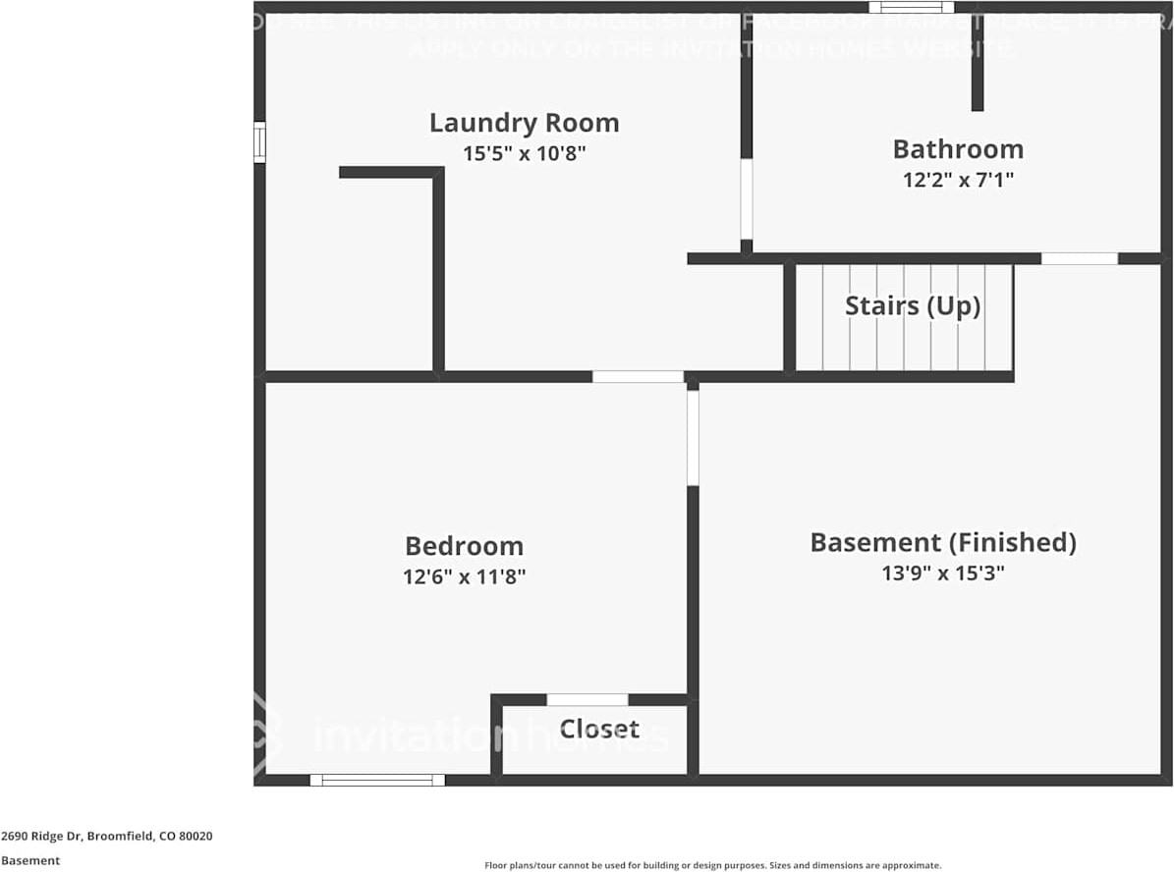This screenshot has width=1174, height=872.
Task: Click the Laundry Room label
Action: (x=524, y=123)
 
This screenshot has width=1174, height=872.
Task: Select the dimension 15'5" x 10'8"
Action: (x=524, y=153)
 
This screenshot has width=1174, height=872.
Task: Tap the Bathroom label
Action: (x=958, y=149)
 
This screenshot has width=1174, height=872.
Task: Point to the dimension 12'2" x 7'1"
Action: (x=958, y=180)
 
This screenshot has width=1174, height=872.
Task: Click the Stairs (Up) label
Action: (x=913, y=305)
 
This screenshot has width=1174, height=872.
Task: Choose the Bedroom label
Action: (x=464, y=546)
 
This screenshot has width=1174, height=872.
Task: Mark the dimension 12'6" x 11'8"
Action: (x=464, y=576)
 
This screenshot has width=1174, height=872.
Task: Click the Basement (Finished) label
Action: (x=942, y=542)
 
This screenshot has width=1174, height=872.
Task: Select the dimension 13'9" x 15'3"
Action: (x=942, y=572)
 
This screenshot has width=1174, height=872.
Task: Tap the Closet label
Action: (x=599, y=729)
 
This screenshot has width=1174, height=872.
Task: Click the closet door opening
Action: (x=587, y=699)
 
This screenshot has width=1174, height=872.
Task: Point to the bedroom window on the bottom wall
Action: (x=377, y=780)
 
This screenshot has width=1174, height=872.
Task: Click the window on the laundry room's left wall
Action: (x=259, y=141)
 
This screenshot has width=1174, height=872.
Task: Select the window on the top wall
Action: (x=911, y=8)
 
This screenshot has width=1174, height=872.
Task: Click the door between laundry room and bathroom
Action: (x=747, y=199)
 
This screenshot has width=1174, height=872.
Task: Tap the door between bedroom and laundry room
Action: (x=638, y=376)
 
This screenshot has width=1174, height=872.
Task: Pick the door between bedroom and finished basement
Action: (x=693, y=437)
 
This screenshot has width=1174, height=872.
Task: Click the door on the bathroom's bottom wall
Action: (x=1079, y=258)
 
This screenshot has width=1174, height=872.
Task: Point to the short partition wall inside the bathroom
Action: (x=978, y=64)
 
